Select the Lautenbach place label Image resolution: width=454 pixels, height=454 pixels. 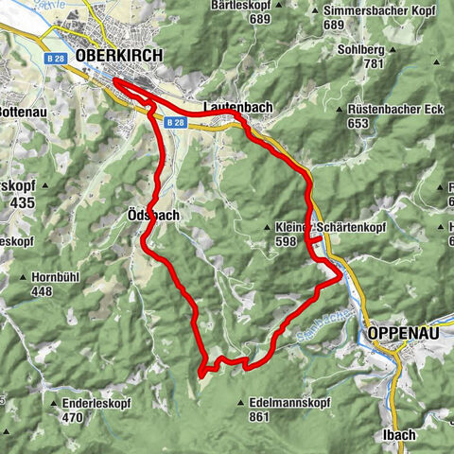pyautogui.click(x=237, y=108)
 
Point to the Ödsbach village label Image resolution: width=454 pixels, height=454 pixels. pyautogui.click(x=152, y=215)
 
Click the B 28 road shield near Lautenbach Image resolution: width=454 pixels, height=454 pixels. pyautogui.click(x=171, y=122)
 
